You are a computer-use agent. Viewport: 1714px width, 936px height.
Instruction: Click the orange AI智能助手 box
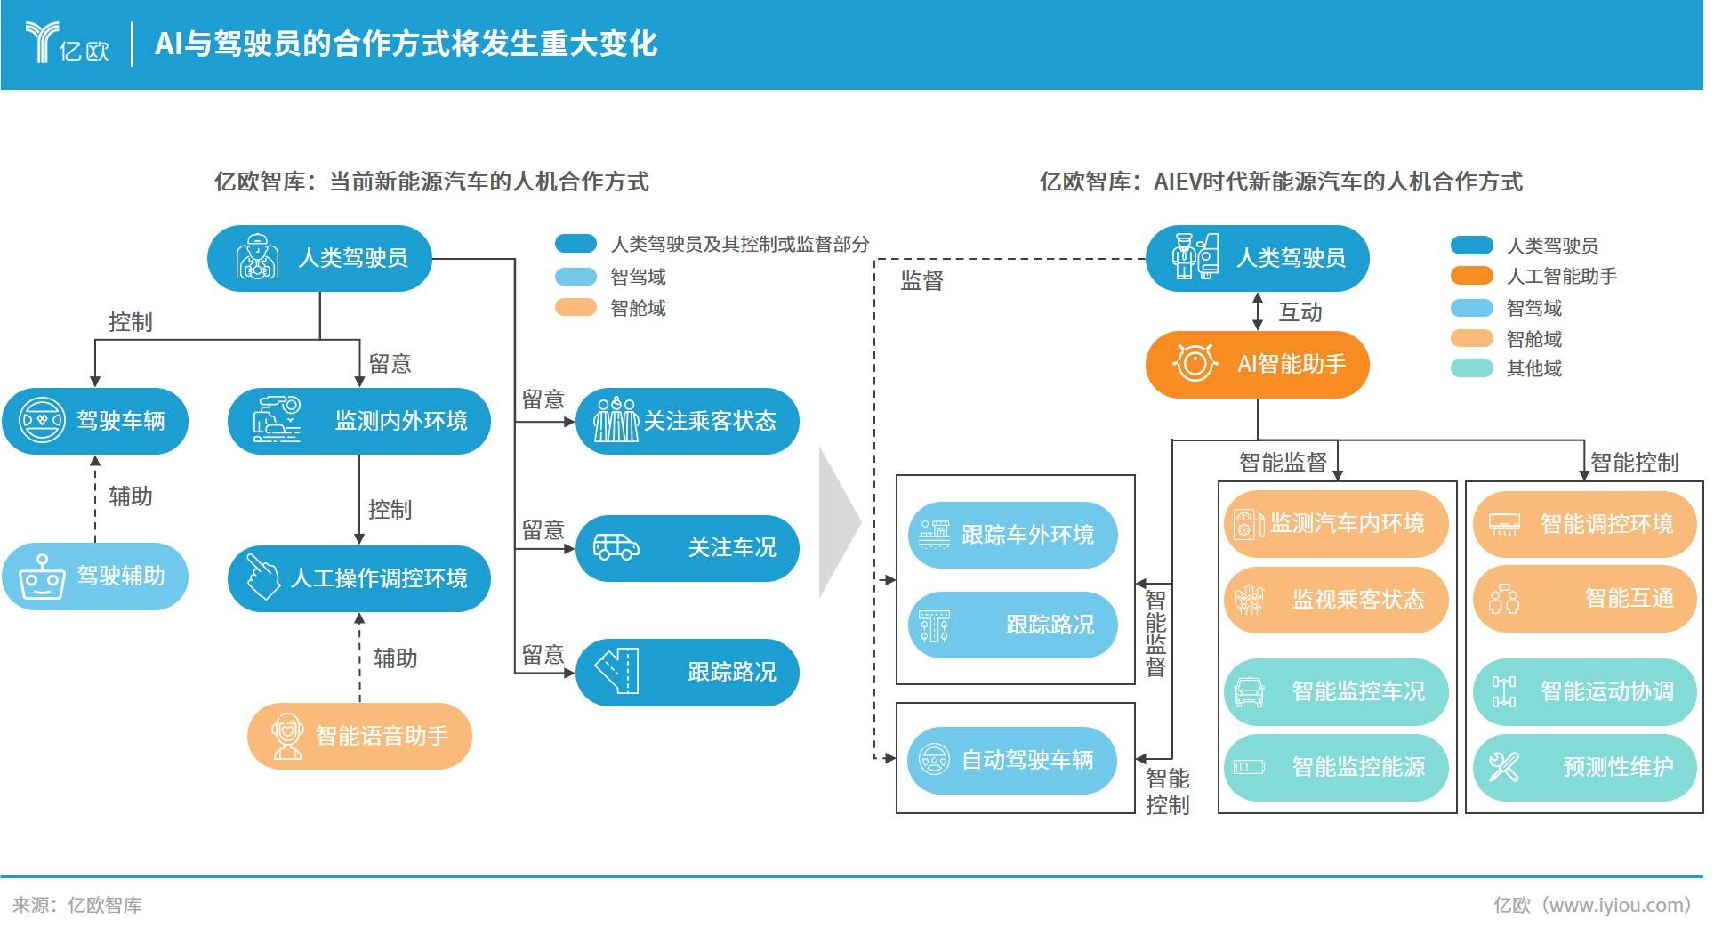1256,364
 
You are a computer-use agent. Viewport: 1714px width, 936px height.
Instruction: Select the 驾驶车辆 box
94,421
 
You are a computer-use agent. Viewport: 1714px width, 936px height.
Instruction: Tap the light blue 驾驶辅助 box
94,577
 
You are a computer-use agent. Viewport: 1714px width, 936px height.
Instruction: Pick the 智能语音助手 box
358,736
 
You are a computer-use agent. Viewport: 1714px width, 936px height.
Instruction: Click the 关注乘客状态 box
687,421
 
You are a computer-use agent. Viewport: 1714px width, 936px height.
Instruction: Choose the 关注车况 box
687,547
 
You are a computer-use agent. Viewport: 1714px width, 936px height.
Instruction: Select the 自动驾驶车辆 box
1011,760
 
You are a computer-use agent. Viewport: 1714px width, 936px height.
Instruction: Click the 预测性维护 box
1584,767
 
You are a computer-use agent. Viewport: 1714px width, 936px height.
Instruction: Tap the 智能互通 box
1584,599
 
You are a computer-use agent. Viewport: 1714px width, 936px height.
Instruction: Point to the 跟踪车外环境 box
1011,535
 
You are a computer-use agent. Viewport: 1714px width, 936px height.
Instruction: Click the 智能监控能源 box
1335,767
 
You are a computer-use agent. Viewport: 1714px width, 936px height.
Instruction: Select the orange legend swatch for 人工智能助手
1471,276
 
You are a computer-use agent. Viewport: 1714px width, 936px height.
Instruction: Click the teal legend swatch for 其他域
1471,368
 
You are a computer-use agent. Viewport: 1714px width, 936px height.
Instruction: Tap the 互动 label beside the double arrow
1300,312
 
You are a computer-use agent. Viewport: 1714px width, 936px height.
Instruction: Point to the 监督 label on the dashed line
921,281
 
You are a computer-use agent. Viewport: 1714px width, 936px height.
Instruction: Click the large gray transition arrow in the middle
838,522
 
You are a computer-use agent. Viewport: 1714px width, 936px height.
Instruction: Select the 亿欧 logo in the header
68,43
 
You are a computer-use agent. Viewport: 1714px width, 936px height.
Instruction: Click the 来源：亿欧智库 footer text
77,906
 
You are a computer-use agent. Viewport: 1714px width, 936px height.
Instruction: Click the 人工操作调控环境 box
358,578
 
